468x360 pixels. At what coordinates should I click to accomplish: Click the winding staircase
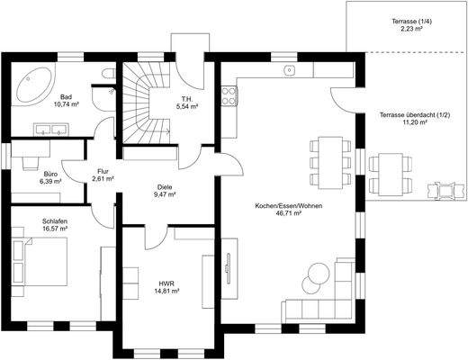144,99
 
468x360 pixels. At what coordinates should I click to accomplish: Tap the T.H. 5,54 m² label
187,103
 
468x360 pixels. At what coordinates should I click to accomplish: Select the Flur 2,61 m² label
103,175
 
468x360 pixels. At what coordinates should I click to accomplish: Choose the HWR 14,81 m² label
166,288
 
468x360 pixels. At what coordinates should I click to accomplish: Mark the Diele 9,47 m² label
164,190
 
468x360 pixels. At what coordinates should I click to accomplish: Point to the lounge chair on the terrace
444,193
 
